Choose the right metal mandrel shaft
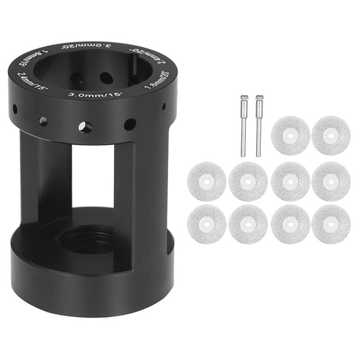pyautogui.click(x=258, y=126)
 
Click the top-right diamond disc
pyautogui.click(x=331, y=135)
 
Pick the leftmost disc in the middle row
pyautogui.click(x=207, y=181)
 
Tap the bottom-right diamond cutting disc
pyautogui.click(x=331, y=224)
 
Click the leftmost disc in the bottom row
pyautogui.click(x=207, y=224)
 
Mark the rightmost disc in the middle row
pyautogui.click(x=331, y=181)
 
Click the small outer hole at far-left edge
pyautogui.click(x=15, y=108)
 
